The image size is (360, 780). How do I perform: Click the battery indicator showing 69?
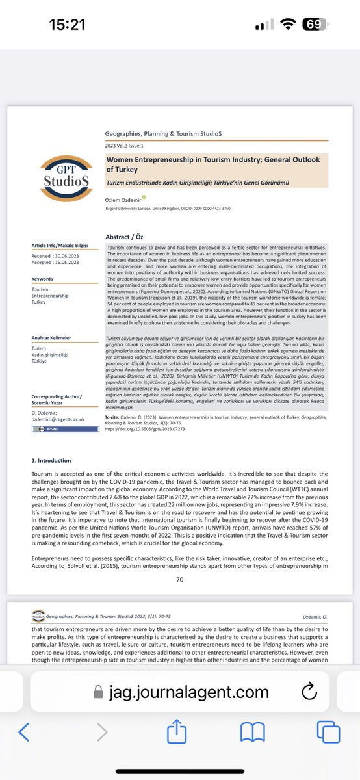[313, 25]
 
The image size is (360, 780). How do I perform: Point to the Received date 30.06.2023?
[51, 257]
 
